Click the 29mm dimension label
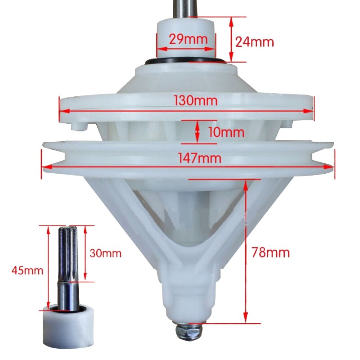pyautogui.click(x=188, y=39)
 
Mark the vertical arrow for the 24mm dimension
pyautogui.click(x=232, y=39)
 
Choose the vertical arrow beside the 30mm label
pyautogui.click(x=85, y=253)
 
